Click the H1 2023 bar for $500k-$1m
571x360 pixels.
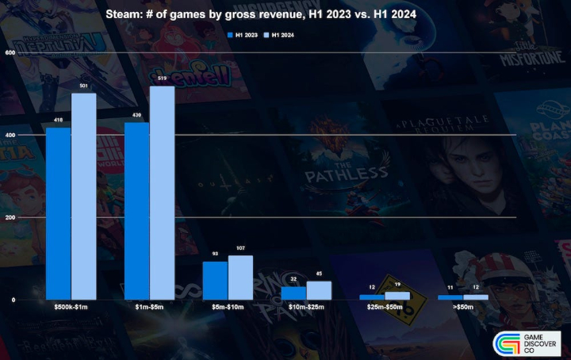58,213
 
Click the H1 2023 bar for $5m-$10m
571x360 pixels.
215,280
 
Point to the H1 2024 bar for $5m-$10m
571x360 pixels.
240,278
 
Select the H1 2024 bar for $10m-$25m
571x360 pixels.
319,290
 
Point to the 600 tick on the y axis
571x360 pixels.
10,52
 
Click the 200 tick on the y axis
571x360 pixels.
10,217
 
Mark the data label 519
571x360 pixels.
162,79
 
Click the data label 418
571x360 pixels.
58,121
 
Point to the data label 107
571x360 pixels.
240,248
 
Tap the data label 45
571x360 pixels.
319,274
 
